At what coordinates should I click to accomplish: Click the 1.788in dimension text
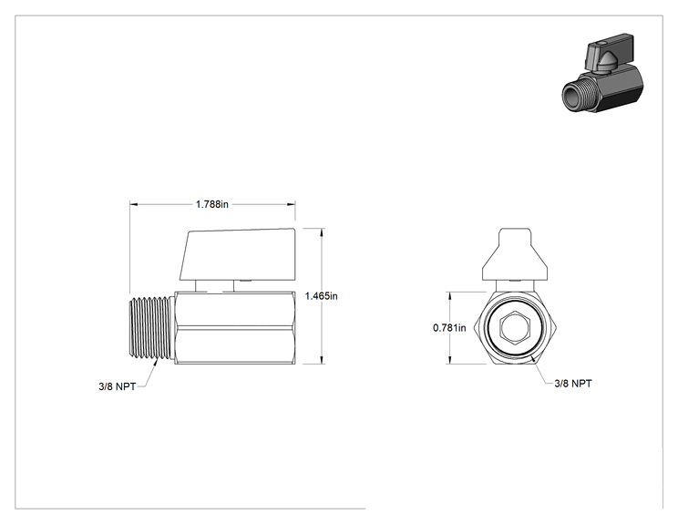coord(211,204)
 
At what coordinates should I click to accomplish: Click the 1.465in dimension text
coord(322,296)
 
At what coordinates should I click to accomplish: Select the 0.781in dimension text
coord(449,328)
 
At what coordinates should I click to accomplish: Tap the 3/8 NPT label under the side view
coord(118,386)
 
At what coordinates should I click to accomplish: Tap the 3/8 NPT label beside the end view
coord(573,384)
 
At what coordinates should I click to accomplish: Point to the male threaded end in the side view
coord(152,328)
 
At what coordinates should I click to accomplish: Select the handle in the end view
coord(516,254)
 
